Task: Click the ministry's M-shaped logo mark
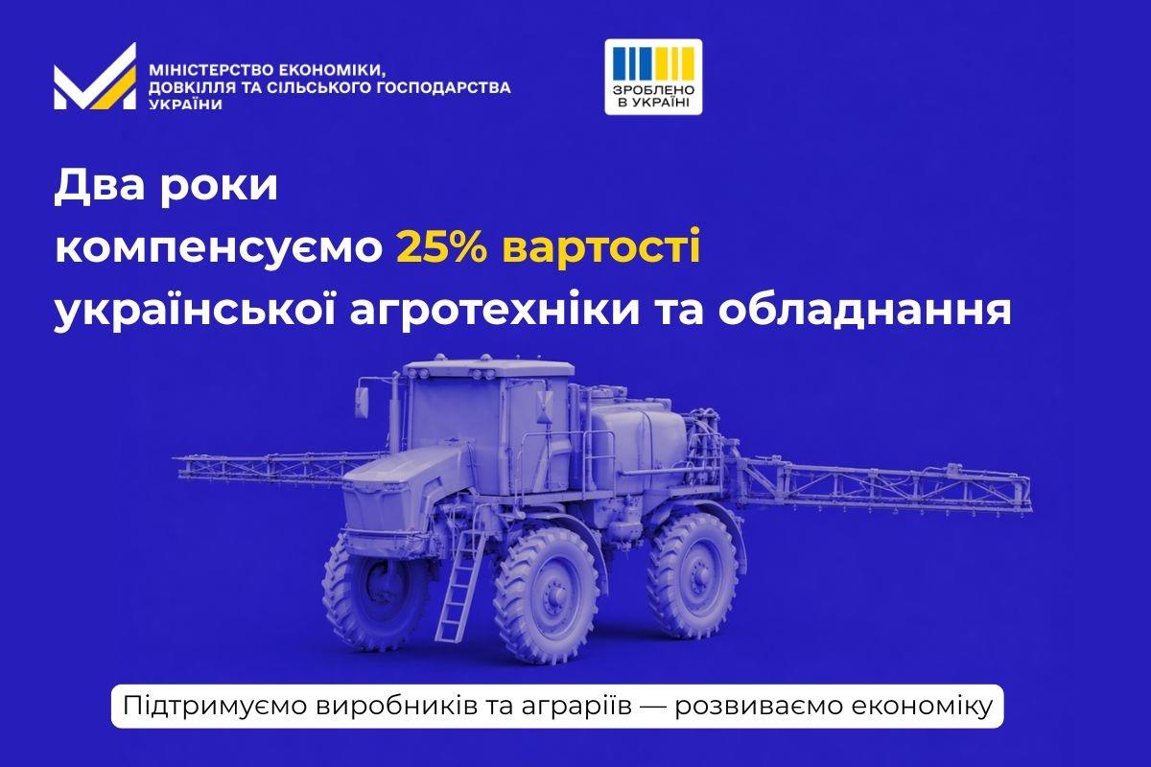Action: point(94,78)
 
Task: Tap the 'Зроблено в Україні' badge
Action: point(653,78)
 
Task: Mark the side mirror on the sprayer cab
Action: point(364,393)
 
